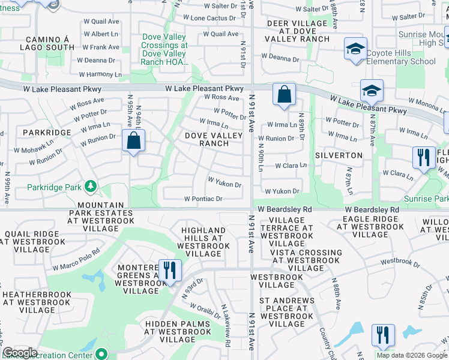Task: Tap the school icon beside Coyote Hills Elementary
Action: pos(355,49)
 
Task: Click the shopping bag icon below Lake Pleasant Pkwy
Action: pos(284,94)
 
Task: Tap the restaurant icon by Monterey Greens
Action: pos(170,270)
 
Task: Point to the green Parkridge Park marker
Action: pos(90,187)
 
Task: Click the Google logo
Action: pos(20,353)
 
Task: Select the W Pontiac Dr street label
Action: pos(203,199)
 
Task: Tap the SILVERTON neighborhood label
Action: pos(342,155)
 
